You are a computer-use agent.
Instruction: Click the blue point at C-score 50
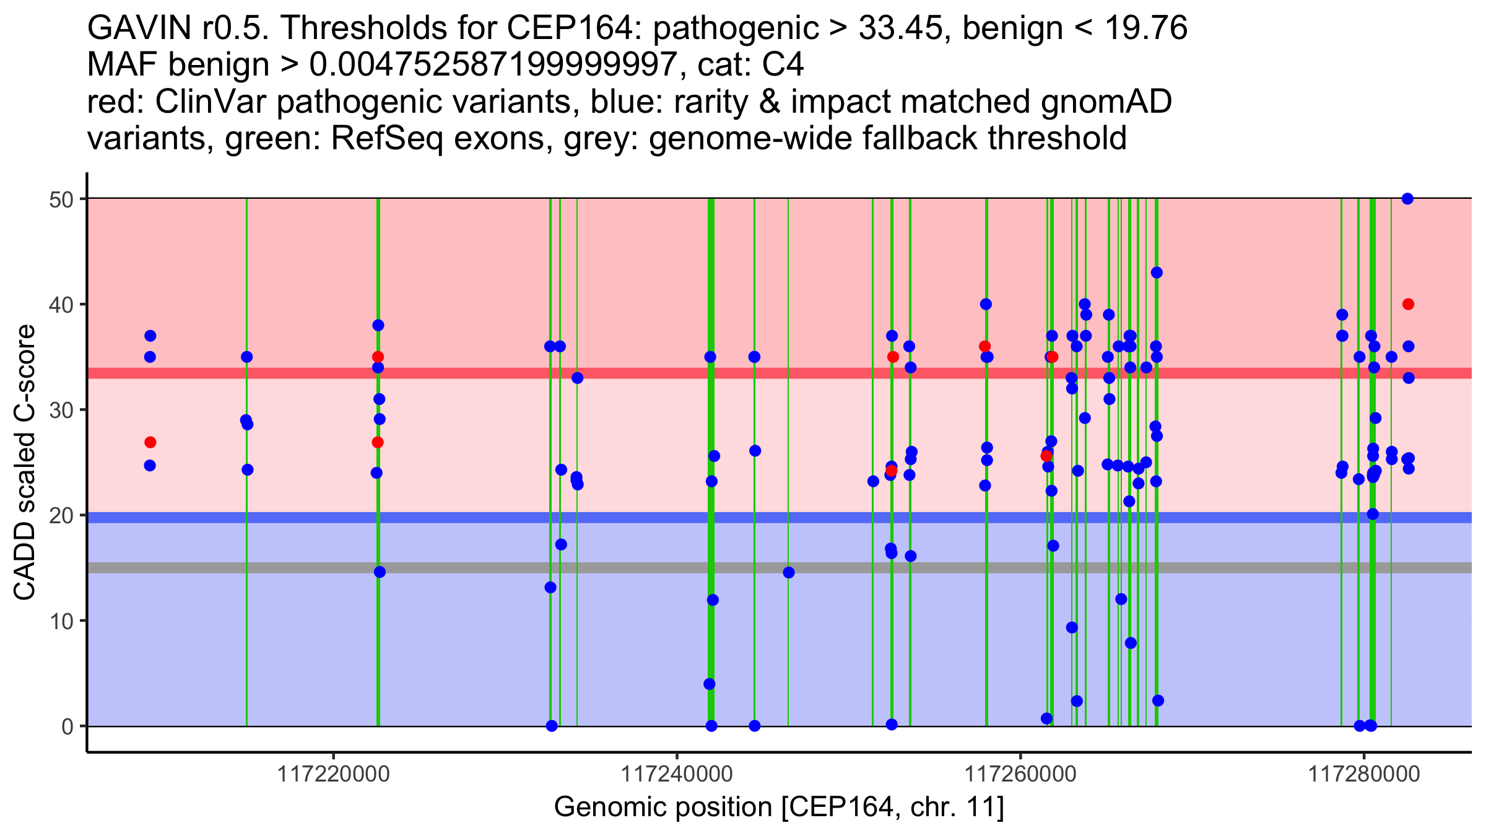coord(1407,199)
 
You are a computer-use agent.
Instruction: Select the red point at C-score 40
coord(1408,304)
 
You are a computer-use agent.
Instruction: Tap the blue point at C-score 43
coord(1157,272)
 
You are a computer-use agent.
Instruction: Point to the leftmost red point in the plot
coord(150,442)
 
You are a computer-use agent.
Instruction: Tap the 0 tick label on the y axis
coord(67,726)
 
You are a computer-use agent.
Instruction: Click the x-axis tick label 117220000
coord(334,774)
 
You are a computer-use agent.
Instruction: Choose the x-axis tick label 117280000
coord(1363,774)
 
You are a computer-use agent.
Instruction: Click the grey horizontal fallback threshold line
coord(619,568)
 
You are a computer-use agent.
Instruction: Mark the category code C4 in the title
coord(784,65)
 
